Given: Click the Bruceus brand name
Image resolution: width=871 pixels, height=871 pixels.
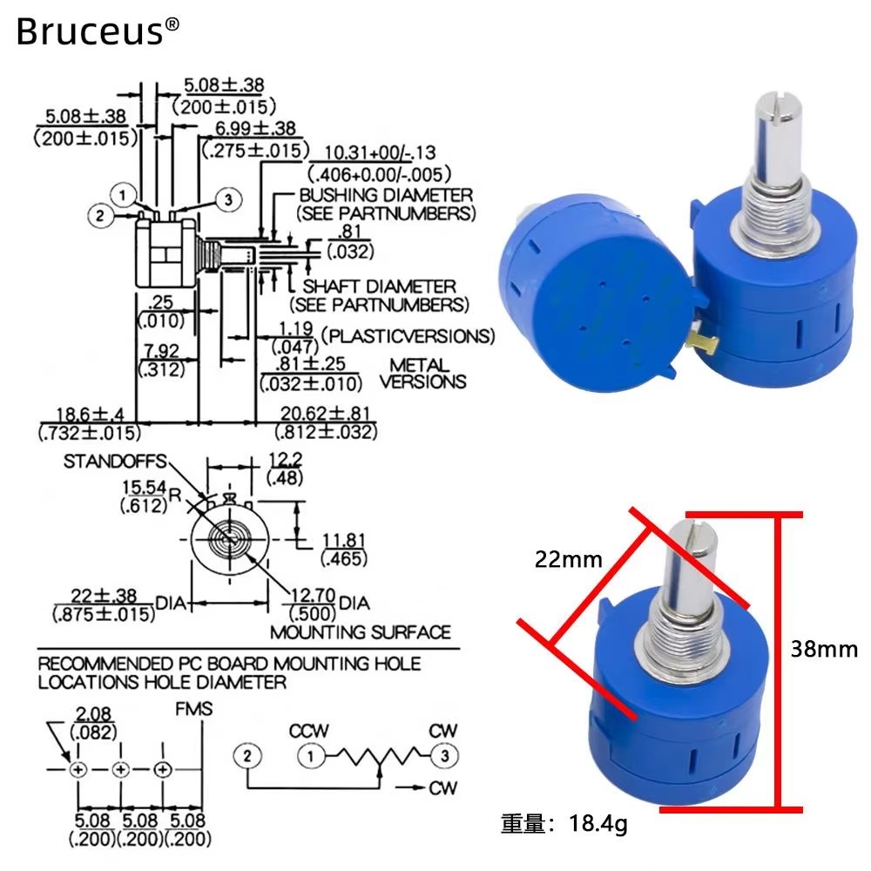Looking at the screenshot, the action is point(90,31).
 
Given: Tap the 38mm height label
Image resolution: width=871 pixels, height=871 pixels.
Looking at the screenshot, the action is point(824,649).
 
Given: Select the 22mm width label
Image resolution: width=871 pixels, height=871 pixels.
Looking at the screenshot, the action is point(568,559).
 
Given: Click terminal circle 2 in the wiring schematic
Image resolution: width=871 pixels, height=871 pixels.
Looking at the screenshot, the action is point(247,755).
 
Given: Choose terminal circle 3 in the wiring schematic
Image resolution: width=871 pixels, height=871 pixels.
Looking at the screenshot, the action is point(444,755).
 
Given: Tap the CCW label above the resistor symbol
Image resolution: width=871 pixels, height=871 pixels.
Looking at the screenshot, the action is point(309,731).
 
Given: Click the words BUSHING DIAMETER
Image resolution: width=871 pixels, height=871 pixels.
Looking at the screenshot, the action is point(386,195).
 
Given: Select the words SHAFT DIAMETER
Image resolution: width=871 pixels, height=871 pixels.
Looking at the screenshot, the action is point(380,286).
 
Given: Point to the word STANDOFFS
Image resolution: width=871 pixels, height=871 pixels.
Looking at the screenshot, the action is point(114,461).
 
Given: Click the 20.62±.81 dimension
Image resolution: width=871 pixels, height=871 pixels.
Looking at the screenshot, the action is point(325,413).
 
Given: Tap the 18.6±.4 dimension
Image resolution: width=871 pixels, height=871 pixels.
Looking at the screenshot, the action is point(90,415).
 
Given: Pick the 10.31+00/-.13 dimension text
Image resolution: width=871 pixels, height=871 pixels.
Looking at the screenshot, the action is point(380,152).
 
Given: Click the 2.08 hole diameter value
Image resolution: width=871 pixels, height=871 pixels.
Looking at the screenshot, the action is point(93,714).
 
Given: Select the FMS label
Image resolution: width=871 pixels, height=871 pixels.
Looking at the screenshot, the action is point(194,709).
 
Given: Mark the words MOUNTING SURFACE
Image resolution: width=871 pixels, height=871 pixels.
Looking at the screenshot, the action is point(361,632).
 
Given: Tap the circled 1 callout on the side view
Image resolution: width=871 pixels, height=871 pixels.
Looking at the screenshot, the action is point(122,195).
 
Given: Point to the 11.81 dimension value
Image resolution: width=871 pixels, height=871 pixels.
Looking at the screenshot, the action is point(344,541).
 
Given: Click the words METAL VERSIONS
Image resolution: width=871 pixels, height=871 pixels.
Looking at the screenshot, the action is point(422,374).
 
